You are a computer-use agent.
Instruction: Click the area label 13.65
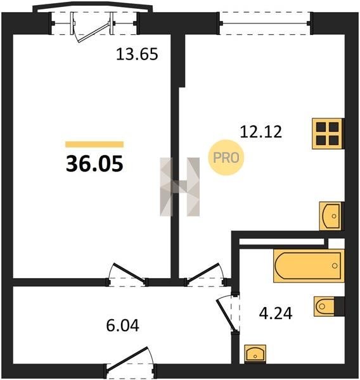tap(137, 54)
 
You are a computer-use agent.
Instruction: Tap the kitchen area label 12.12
tap(261, 132)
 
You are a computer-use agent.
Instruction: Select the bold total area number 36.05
tap(94, 164)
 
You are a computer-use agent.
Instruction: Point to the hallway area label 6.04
tap(122, 326)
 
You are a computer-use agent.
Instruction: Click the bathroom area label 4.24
tap(276, 313)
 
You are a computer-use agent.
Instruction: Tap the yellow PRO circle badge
tap(226, 158)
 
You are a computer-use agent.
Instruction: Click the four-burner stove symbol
tap(328, 134)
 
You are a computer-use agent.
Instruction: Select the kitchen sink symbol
tap(331, 216)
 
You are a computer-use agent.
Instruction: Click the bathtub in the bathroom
tap(309, 266)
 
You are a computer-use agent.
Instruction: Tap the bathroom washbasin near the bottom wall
tap(255, 354)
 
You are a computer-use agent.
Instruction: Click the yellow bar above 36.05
tap(94, 144)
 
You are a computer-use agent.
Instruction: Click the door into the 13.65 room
tap(127, 275)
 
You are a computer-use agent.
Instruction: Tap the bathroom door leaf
tap(226, 315)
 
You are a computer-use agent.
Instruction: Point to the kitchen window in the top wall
tap(265, 23)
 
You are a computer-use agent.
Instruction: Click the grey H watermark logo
tap(180, 187)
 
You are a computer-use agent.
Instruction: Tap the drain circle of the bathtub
tap(335, 265)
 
